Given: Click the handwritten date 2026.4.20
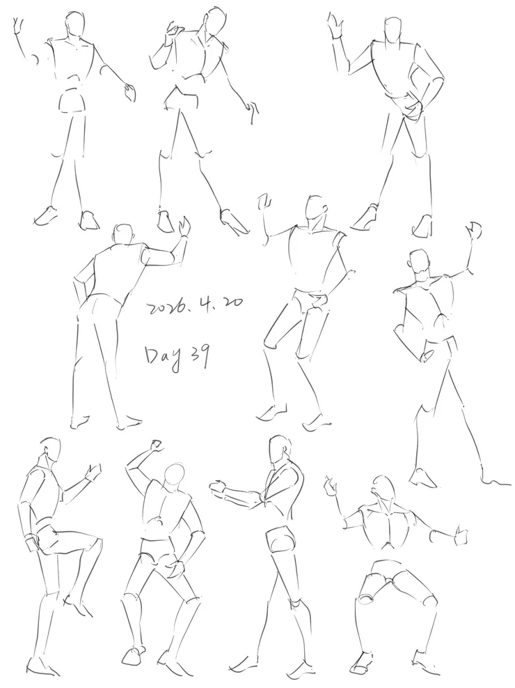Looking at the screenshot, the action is [195, 305].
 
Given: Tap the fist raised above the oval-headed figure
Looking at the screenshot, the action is [155, 445].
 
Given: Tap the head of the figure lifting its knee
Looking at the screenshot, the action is [50, 450].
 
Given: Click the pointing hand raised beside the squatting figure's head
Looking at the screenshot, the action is [330, 486].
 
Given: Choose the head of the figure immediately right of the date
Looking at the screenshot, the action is [315, 208].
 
